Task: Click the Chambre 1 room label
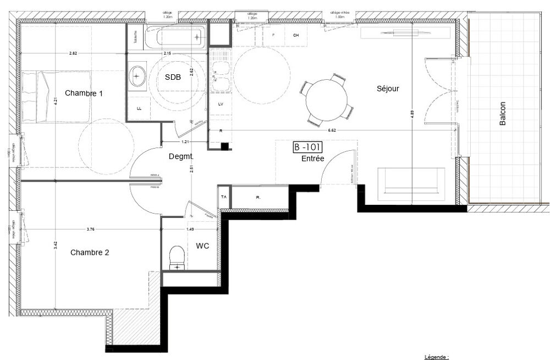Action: tap(84, 93)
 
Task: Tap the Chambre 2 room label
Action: tap(90, 253)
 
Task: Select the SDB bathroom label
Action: tap(173, 78)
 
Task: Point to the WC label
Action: tap(202, 246)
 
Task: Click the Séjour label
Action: tap(387, 88)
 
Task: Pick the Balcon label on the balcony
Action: tap(502, 114)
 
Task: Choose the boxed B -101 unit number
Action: tap(307, 148)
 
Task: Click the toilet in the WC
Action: tap(177, 257)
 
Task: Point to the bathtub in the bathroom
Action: tap(179, 37)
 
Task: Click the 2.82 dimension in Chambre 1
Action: tap(73, 53)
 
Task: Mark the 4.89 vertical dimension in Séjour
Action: tap(412, 116)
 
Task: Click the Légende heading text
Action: tap(437, 357)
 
